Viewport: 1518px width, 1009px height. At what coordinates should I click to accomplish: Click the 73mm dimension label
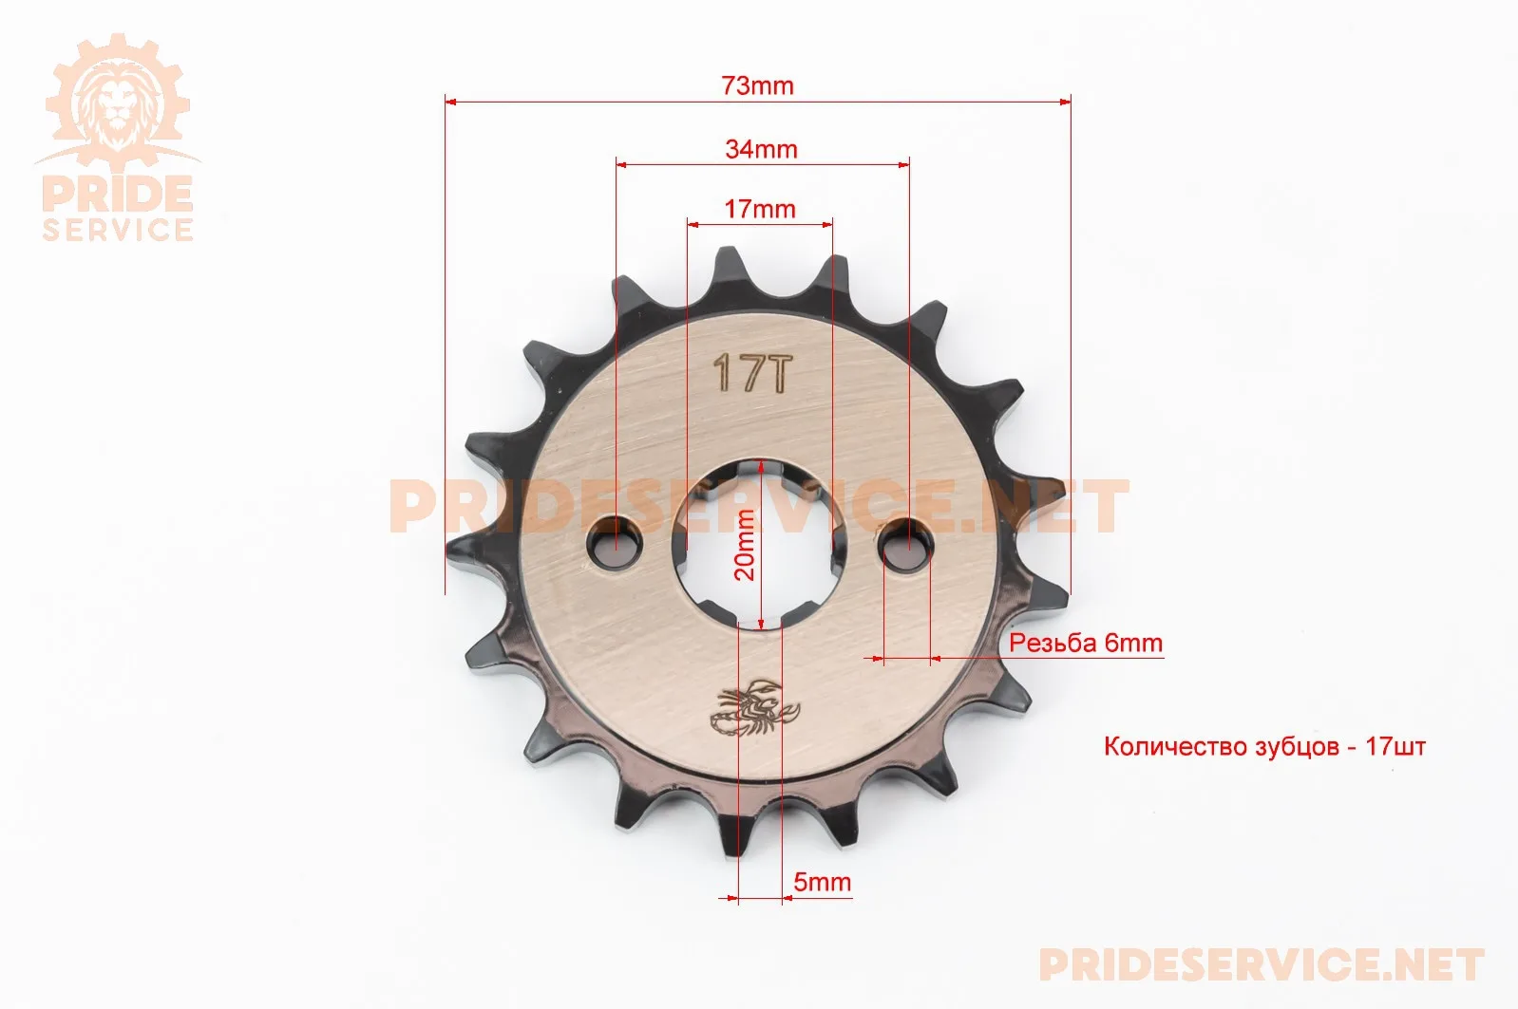(x=757, y=86)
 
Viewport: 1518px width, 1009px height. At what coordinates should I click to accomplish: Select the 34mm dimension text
(x=761, y=149)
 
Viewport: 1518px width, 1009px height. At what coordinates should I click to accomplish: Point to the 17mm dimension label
(x=760, y=209)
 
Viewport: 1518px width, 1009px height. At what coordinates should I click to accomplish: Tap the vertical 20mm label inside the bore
(x=744, y=545)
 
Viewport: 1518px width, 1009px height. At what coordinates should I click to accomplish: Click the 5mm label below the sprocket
(x=822, y=882)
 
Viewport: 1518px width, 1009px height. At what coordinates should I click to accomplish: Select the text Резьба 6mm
(x=1086, y=643)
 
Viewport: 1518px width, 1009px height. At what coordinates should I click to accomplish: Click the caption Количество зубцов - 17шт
(x=1264, y=746)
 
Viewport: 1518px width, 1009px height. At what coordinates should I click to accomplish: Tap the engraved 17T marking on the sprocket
(x=752, y=372)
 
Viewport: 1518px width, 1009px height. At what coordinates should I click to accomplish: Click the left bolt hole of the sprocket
(x=614, y=542)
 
